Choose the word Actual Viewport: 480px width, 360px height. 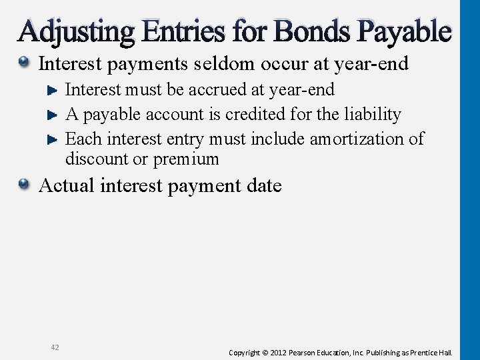coord(67,185)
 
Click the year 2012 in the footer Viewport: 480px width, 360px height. coord(278,352)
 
